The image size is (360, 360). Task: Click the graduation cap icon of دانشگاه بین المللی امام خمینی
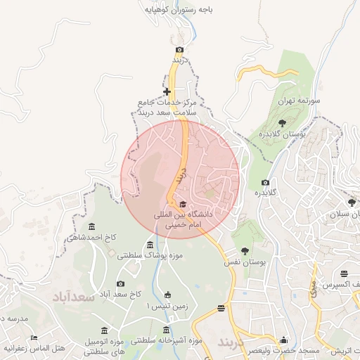(x=174, y=203)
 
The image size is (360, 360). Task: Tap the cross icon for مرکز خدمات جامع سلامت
(x=167, y=91)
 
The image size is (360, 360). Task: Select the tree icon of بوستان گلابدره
(x=282, y=123)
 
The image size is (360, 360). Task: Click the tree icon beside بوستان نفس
(x=245, y=251)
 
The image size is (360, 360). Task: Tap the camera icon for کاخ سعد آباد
(x=120, y=283)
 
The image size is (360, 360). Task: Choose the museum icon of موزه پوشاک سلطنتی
(x=150, y=245)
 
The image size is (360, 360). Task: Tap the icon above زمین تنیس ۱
(x=167, y=295)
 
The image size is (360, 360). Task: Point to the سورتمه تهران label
(x=300, y=101)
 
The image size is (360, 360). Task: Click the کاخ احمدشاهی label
(x=91, y=238)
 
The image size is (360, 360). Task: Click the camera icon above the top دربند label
(x=179, y=49)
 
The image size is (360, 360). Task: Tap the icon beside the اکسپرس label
(x=344, y=274)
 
